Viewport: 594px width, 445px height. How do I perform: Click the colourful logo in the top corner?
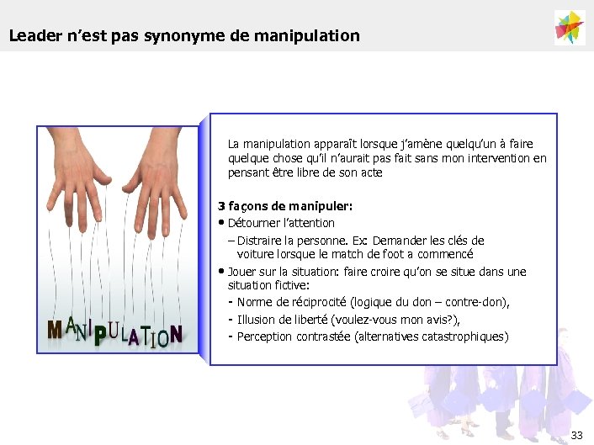point(570,27)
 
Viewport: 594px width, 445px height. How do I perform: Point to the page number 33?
point(576,435)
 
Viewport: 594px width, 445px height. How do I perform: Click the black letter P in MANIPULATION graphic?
point(99,336)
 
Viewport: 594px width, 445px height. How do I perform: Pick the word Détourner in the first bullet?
point(252,223)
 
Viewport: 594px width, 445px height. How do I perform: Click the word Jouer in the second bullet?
point(241,272)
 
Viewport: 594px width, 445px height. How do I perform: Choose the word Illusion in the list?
point(256,319)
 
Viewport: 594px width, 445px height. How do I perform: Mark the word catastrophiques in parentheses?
point(455,336)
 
